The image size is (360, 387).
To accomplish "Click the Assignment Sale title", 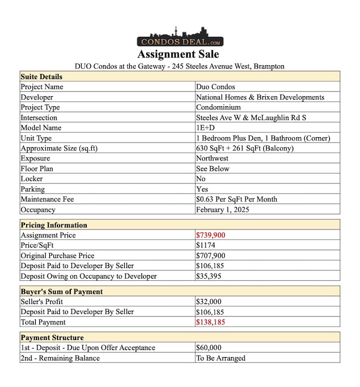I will (x=178, y=55).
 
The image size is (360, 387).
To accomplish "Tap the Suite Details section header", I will (x=41, y=77).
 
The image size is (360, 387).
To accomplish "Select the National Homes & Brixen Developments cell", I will (x=260, y=97).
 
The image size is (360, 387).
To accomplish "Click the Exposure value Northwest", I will (x=213, y=159).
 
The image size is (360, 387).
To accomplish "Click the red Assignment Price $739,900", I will (x=210, y=236).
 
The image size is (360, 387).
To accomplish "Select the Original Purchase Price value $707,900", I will (x=210, y=256).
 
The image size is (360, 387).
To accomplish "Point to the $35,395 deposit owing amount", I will (x=208, y=276).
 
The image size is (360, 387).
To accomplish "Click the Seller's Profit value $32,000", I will (x=208, y=302).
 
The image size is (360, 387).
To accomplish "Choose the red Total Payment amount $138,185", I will (x=210, y=322).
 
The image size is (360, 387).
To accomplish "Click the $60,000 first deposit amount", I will (x=208, y=348).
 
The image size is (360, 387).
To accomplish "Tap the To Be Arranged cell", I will (x=220, y=358).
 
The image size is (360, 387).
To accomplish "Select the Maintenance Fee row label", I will (x=47, y=200).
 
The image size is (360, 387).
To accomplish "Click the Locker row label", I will (x=31, y=179).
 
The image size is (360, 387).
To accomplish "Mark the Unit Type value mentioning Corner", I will (x=263, y=138).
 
